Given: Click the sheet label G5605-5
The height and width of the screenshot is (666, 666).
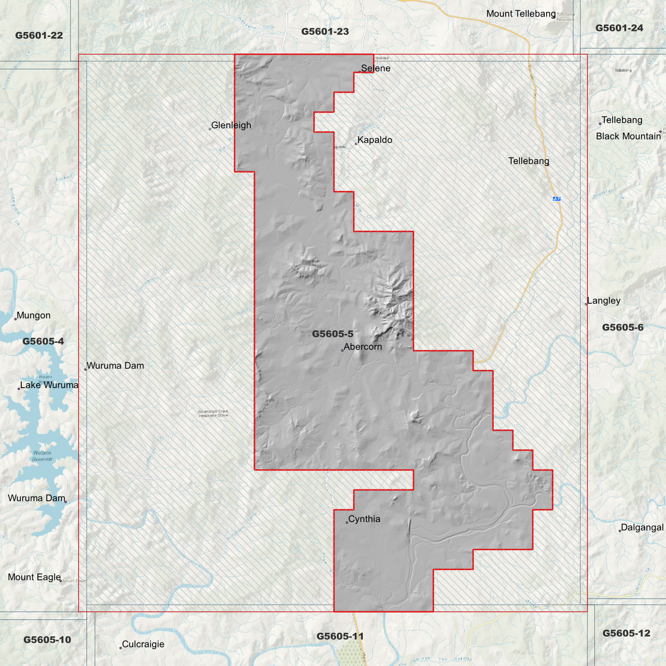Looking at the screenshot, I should click(332, 334).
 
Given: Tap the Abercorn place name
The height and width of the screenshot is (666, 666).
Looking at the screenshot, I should click(363, 347).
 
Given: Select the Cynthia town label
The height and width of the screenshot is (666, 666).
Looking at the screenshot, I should click(364, 519).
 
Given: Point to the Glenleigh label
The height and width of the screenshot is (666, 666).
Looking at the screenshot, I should click(231, 125).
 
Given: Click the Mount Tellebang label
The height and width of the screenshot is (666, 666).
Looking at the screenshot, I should click(521, 14).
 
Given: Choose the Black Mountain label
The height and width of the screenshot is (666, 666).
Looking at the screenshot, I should click(628, 136).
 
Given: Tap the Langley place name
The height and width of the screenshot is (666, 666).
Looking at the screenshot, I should click(604, 301).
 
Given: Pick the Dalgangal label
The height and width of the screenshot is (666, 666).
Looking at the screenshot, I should click(642, 528).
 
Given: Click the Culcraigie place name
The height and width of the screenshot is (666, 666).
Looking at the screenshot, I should click(143, 644).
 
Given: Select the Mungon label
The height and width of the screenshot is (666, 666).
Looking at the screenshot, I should click(34, 316).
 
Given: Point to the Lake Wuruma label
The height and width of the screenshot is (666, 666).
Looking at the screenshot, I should click(49, 385).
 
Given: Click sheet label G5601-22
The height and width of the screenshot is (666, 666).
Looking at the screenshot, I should click(39, 35).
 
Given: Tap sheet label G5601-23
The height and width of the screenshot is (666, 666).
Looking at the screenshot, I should click(325, 31).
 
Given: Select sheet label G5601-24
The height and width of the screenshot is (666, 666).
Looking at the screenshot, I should click(619, 28).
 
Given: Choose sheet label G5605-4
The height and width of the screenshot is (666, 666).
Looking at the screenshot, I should click(43, 342).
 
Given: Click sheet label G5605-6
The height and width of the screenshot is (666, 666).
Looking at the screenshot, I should click(623, 328).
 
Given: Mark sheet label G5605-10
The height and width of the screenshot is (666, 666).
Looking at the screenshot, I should click(47, 640).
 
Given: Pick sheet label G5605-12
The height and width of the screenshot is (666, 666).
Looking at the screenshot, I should click(626, 633).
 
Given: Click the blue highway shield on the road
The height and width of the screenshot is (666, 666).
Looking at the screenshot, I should click(556, 199).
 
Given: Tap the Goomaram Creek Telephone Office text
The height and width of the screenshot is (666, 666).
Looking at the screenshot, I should click(213, 413).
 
